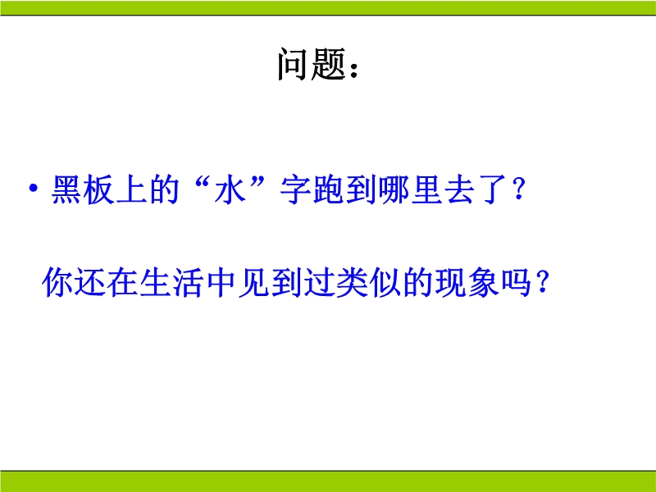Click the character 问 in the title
click(293, 64)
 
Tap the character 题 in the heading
click(328, 64)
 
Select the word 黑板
click(83, 189)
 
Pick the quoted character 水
click(230, 189)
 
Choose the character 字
click(295, 189)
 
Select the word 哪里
click(411, 189)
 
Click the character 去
click(459, 189)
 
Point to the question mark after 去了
click(519, 189)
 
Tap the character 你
click(57, 282)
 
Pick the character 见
click(254, 282)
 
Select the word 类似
click(353, 282)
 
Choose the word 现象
click(467, 282)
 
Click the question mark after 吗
click(543, 282)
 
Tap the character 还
click(90, 282)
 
